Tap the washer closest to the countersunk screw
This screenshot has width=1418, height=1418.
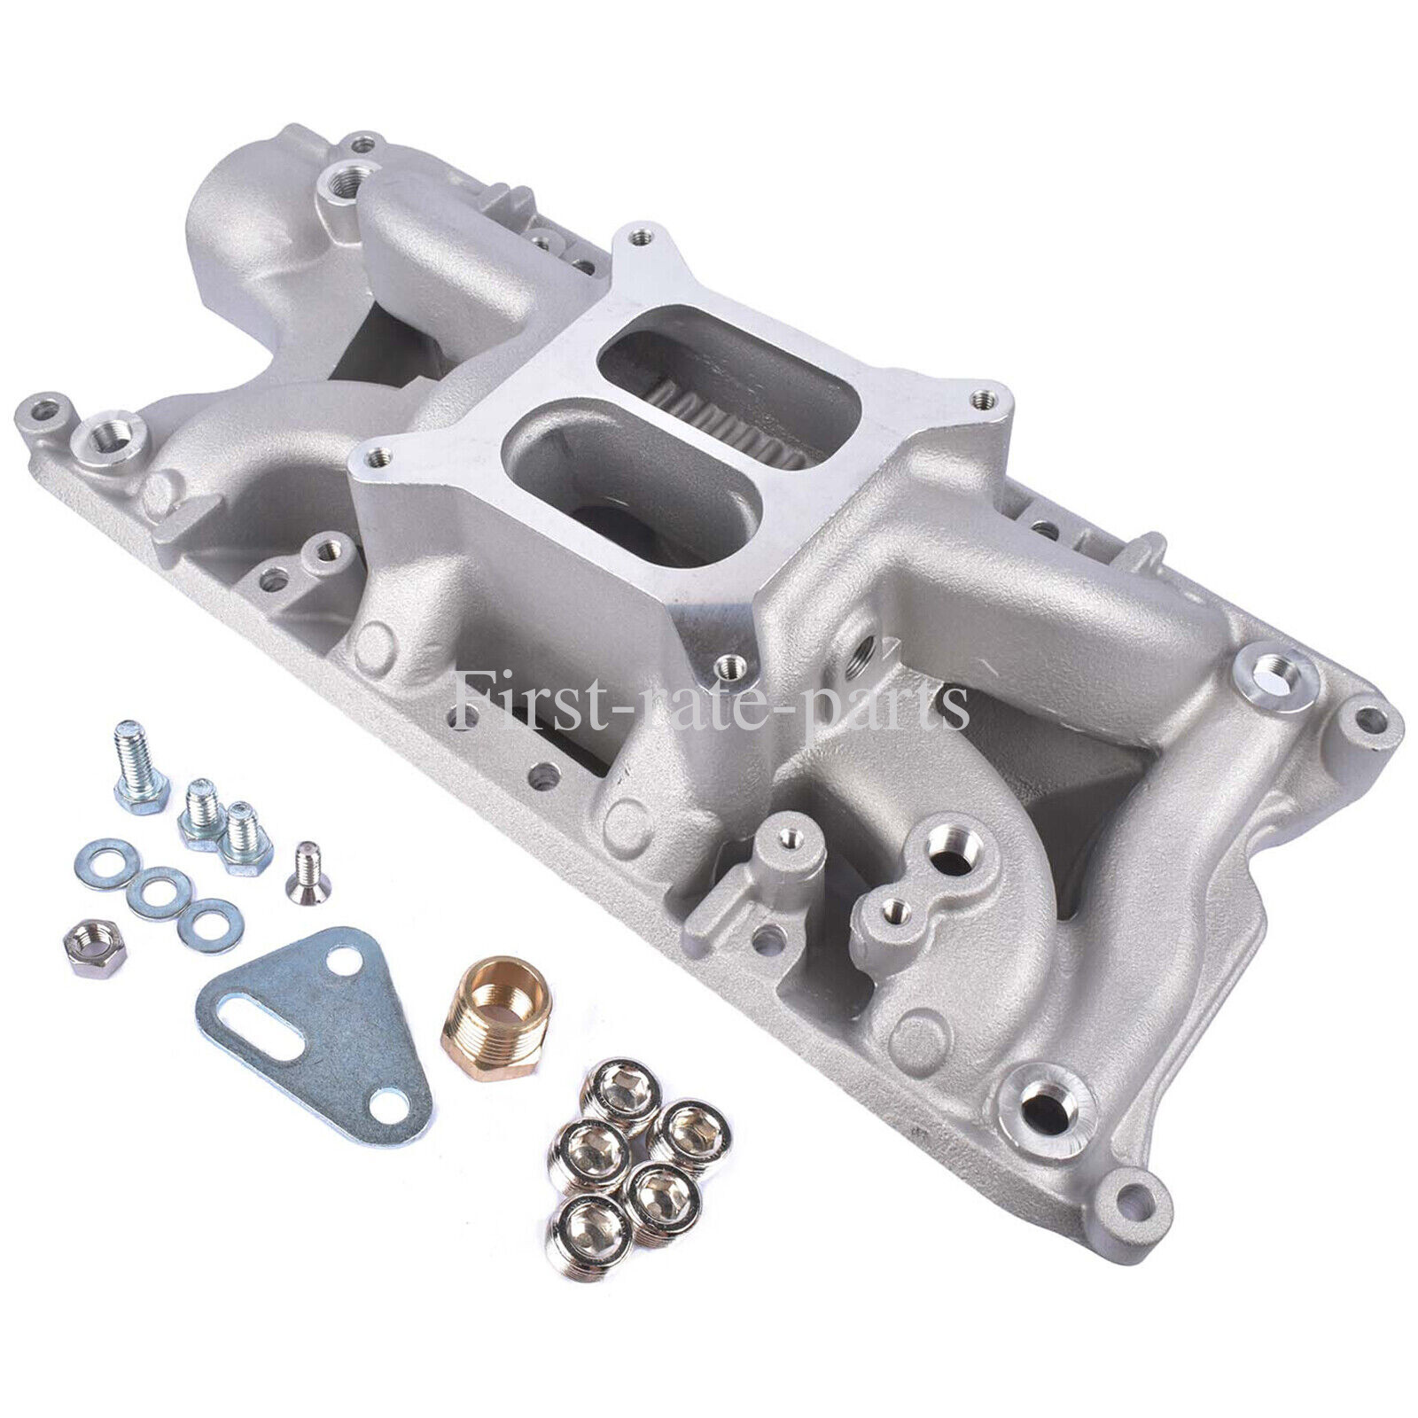(208, 892)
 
